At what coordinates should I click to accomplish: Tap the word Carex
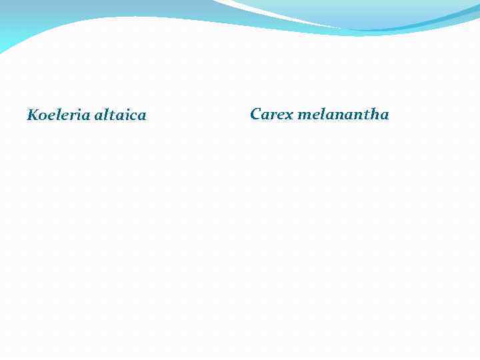pos(271,114)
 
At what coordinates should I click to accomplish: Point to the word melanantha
pos(343,114)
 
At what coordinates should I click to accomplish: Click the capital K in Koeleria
pos(32,115)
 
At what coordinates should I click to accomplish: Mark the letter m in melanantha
pos(304,115)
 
